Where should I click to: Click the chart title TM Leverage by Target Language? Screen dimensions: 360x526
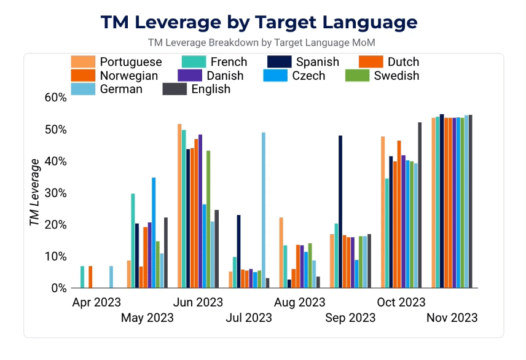pos(259,22)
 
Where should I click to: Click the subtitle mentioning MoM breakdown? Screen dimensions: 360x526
pos(261,43)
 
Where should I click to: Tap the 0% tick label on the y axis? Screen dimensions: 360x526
pos(58,288)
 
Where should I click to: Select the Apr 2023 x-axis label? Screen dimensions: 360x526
pos(96,302)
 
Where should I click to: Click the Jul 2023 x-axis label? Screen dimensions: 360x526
pos(249,318)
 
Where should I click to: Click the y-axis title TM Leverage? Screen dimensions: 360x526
pos(35,192)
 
